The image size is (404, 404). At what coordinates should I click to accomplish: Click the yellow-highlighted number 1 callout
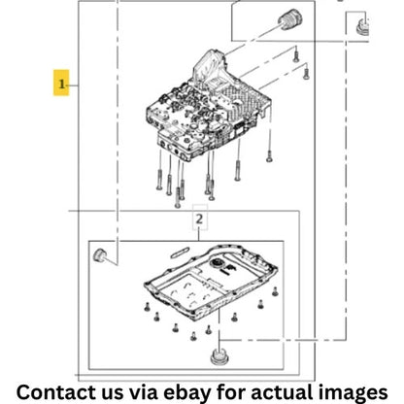click(61, 83)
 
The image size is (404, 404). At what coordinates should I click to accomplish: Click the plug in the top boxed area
click(290, 19)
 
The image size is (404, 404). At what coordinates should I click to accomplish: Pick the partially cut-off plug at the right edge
click(362, 27)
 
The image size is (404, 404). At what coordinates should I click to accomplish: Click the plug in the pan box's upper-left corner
click(100, 255)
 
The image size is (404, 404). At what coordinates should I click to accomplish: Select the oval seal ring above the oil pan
click(180, 252)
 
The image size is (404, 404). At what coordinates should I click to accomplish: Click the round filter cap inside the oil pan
click(217, 263)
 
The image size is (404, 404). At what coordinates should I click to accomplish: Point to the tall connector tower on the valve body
click(210, 67)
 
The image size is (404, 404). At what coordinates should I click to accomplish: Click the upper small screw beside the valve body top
click(295, 54)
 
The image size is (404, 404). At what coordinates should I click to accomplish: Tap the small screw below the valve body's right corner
click(269, 156)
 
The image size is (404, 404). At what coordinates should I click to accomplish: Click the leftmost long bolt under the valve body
click(159, 180)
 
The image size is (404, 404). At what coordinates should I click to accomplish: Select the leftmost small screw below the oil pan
click(147, 307)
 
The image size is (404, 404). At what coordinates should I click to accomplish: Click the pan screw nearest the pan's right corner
click(275, 291)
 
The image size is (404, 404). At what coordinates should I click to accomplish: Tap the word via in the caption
click(144, 391)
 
